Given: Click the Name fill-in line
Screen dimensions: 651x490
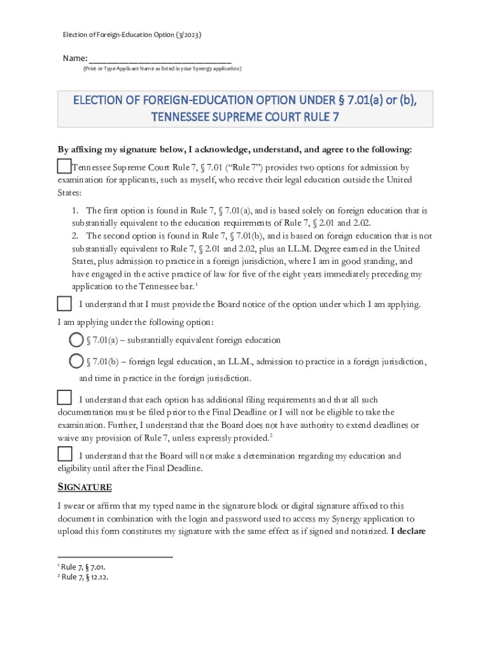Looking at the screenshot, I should (159, 58).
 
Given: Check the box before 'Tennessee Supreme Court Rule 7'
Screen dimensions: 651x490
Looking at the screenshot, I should (64, 167).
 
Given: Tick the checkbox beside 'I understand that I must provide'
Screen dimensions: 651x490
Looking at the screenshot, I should (64, 303).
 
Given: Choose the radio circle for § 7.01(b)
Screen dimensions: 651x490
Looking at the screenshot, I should (76, 362).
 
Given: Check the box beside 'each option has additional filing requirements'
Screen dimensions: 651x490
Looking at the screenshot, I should (64, 398).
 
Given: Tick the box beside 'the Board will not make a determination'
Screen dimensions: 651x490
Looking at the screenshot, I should (64, 455).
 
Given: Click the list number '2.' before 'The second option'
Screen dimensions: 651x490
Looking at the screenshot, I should (75, 236).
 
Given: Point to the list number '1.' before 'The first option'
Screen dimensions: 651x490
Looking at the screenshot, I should (75, 210).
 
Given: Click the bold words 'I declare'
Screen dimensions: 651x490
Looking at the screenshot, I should (409, 531).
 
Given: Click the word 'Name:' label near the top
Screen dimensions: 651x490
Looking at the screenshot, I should (75, 58).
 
